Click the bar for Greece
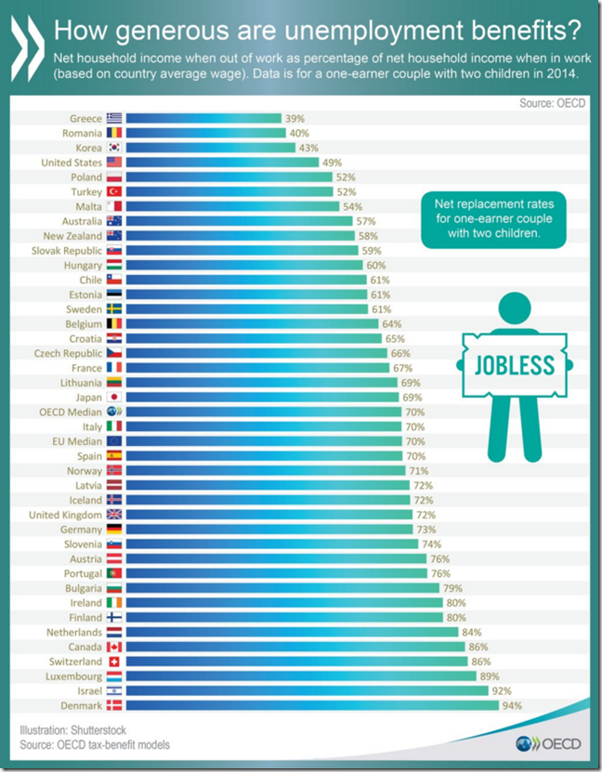203,118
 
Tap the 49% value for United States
332,162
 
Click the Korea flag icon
113,147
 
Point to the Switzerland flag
113,661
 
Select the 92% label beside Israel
504,691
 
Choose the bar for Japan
262,397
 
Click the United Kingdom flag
113,515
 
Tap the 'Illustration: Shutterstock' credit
77,728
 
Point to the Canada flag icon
113,647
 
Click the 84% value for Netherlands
472,632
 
